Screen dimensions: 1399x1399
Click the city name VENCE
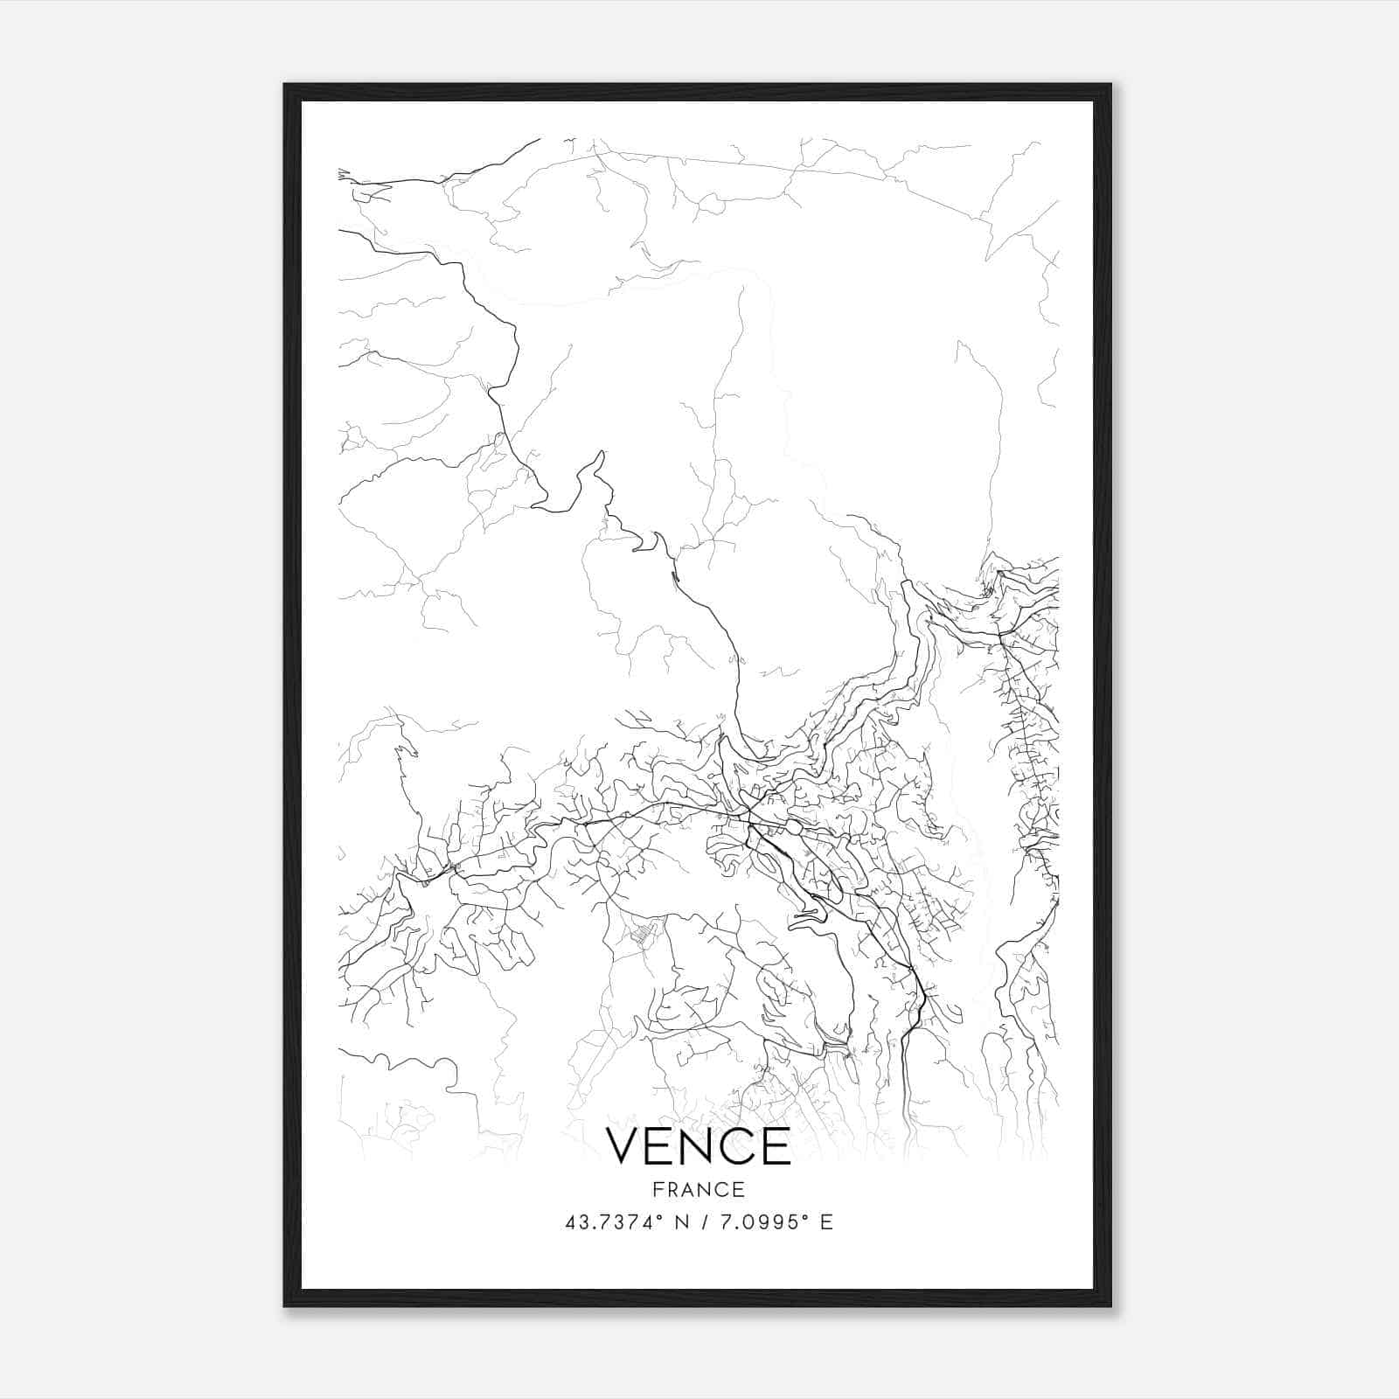click(698, 1146)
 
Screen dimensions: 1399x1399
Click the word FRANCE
click(699, 1189)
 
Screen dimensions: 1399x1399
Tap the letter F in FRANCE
click(658, 1189)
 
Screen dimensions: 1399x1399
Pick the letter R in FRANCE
click(673, 1189)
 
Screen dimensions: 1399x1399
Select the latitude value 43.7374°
click(609, 1222)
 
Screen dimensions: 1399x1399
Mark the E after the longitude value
click(825, 1222)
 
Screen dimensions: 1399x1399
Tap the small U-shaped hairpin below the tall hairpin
click(649, 546)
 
